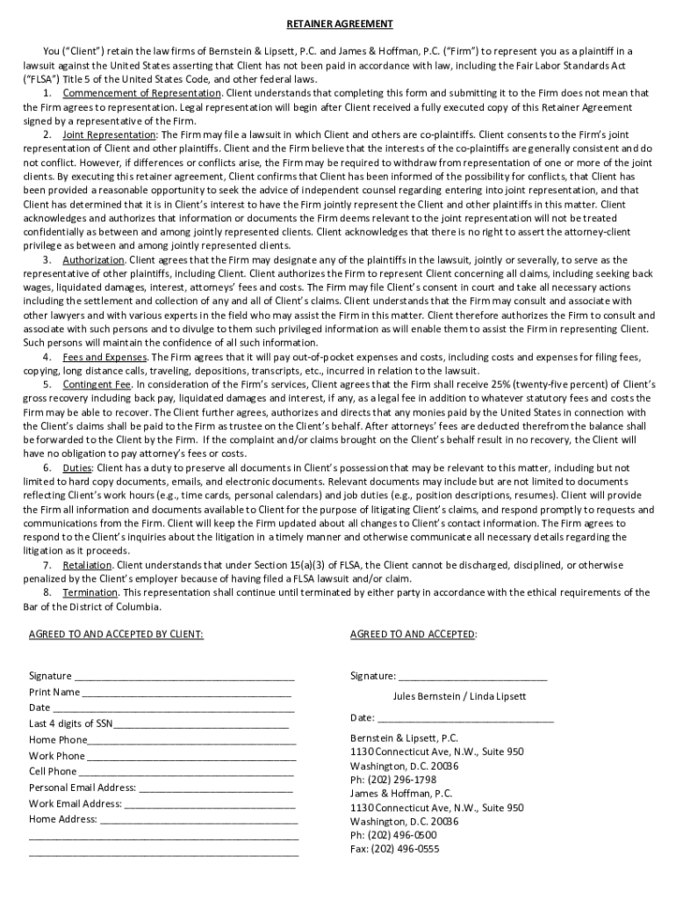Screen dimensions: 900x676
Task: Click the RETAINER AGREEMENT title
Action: point(338,24)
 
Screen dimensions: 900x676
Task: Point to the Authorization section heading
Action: point(95,260)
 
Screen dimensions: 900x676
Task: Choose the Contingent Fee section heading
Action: point(97,385)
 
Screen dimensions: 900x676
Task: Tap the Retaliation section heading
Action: point(88,565)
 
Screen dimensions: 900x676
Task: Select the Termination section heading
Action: point(90,593)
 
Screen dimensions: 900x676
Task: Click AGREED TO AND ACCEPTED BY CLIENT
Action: point(116,634)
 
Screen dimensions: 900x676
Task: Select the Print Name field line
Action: point(187,693)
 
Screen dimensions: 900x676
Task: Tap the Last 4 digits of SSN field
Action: point(201,724)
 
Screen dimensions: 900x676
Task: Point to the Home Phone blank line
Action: point(192,740)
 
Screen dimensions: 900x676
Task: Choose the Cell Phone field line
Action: point(188,772)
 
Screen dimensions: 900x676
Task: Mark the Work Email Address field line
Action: point(210,803)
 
